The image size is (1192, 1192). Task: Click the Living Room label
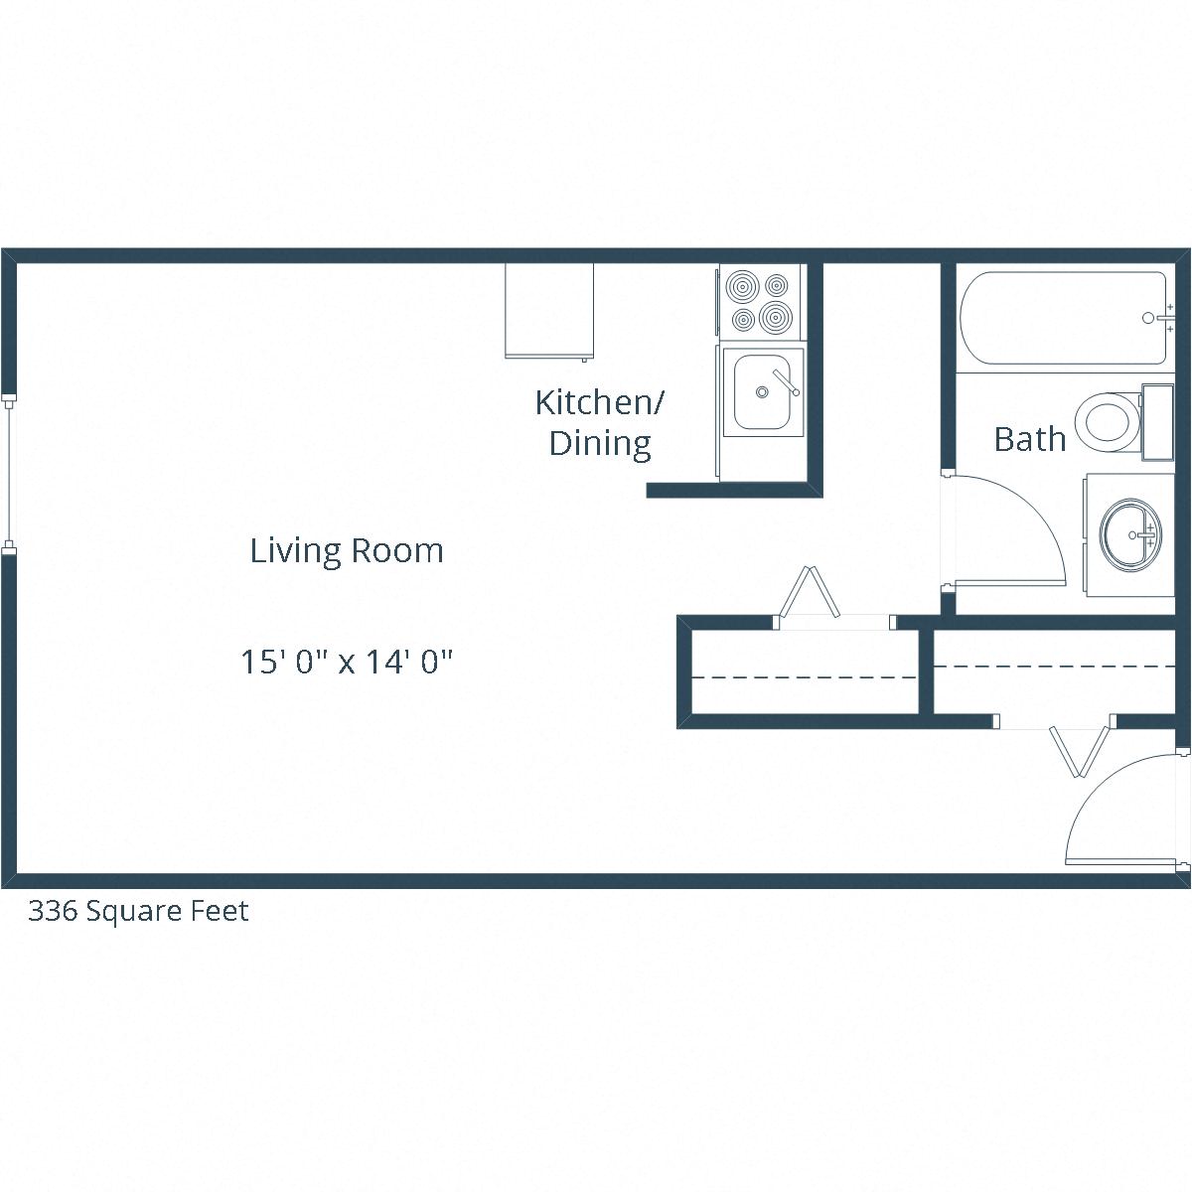(x=346, y=550)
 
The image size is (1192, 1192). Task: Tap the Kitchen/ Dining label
(x=600, y=422)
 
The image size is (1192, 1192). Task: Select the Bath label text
(x=1029, y=439)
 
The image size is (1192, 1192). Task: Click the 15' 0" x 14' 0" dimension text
(x=347, y=662)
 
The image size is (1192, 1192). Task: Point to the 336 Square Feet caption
(x=138, y=911)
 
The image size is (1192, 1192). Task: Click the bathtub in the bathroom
(x=1063, y=318)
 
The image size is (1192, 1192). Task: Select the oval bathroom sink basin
(x=1130, y=534)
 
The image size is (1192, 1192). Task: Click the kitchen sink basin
(x=761, y=392)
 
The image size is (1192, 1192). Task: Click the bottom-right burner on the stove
(x=776, y=319)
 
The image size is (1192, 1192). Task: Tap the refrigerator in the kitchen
(x=549, y=310)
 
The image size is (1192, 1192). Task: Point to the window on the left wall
(x=9, y=473)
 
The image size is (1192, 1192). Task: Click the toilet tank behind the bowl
(x=1157, y=422)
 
